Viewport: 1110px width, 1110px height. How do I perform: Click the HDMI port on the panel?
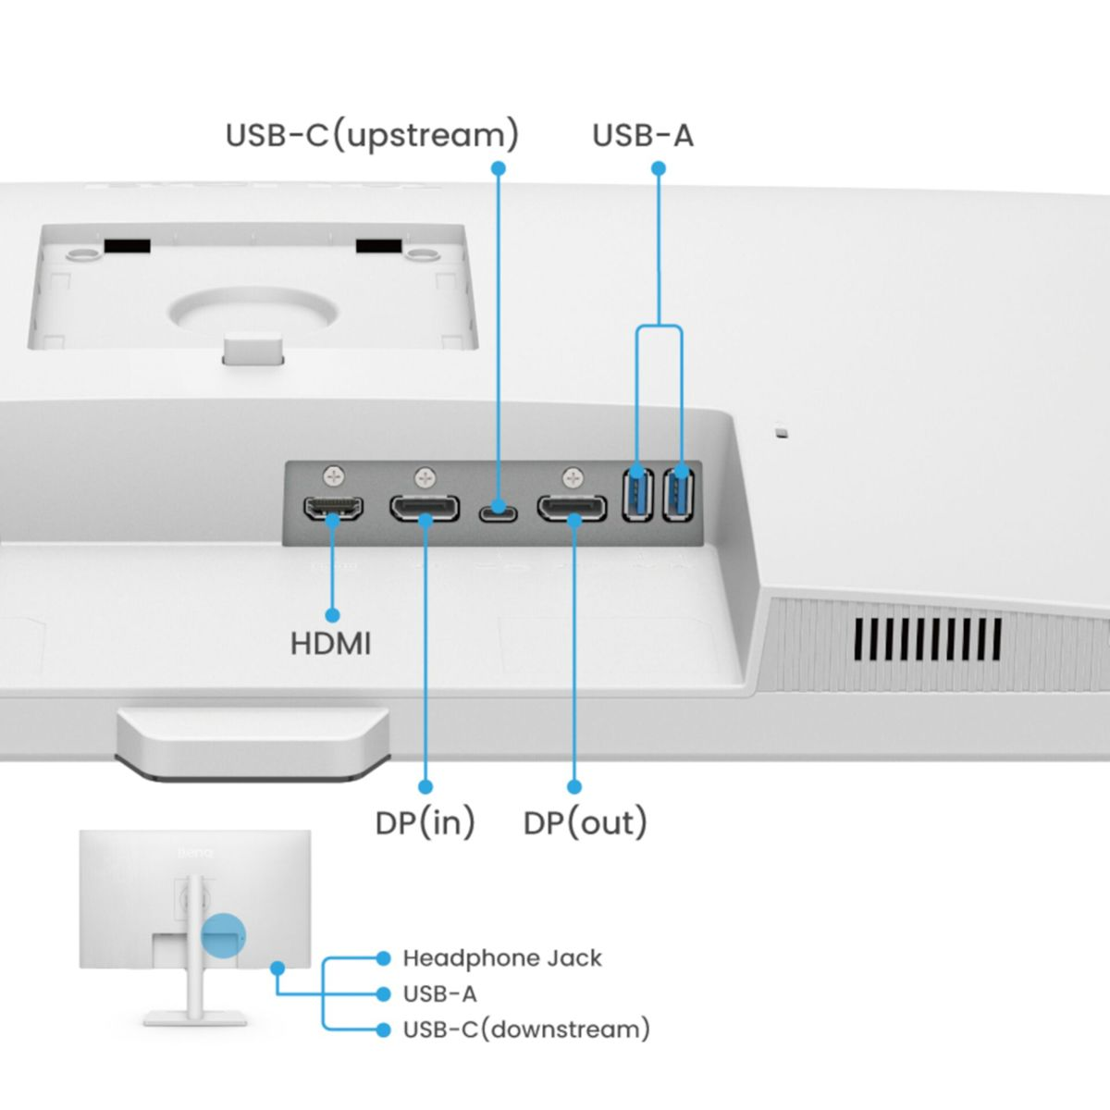[x=333, y=508]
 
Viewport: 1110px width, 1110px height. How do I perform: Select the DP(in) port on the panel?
[x=425, y=509]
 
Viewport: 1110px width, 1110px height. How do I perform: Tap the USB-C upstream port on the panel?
[x=498, y=510]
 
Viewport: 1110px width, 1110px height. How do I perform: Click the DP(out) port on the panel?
[x=573, y=509]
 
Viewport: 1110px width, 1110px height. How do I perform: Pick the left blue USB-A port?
[x=638, y=494]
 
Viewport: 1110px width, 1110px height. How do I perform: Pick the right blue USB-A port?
[x=679, y=494]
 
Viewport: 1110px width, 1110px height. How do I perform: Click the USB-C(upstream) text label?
[x=372, y=135]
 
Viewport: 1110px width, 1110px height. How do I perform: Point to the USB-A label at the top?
[x=642, y=135]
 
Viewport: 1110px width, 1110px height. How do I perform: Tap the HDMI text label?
[x=330, y=644]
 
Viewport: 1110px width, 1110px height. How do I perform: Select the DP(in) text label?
[x=425, y=822]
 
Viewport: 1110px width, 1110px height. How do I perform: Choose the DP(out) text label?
[x=585, y=822]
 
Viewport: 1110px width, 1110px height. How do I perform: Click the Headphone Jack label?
[x=502, y=958]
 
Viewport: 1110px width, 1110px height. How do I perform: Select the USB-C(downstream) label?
[x=526, y=1030]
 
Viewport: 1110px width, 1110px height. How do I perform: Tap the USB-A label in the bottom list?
[x=439, y=994]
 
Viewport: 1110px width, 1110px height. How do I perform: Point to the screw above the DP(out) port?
[x=573, y=477]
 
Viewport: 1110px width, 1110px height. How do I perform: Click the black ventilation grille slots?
[x=927, y=638]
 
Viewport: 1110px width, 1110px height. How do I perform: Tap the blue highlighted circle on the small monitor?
[x=222, y=935]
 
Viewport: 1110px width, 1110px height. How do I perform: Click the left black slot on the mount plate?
[x=126, y=246]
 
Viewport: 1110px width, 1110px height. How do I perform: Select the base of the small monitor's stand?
[x=195, y=1017]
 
